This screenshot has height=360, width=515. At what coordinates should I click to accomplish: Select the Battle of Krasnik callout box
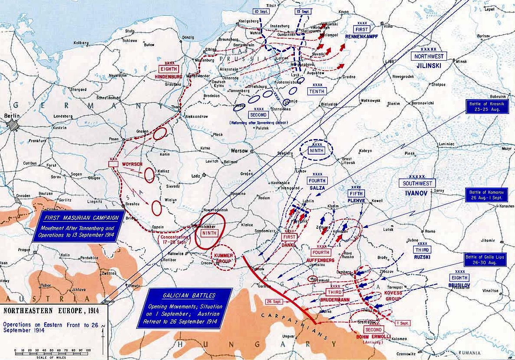(488, 107)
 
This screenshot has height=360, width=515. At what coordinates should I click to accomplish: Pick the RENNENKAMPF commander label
(362, 36)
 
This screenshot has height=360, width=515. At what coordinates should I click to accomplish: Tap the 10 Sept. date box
(261, 11)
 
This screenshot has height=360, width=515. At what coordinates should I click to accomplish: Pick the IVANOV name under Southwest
(417, 193)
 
